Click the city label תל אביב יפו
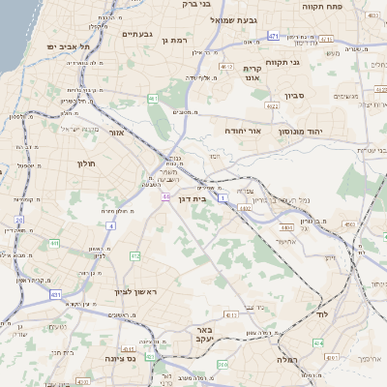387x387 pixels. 67,46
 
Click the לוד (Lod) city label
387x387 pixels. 323,315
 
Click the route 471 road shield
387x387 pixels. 274,36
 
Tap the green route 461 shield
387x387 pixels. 153,99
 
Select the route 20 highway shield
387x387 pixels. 18,220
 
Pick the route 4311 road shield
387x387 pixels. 231,314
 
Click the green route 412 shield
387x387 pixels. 134,255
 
